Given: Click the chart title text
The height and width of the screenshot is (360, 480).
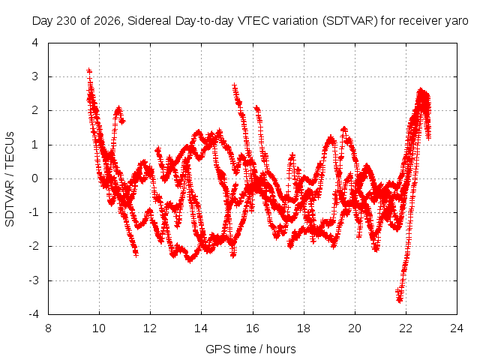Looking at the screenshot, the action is point(250,21).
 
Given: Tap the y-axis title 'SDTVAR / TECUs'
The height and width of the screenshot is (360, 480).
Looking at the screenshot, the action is point(10,179).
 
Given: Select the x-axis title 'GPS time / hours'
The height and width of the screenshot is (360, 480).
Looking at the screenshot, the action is point(250,349).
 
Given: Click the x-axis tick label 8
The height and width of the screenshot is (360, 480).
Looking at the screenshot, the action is point(48,328).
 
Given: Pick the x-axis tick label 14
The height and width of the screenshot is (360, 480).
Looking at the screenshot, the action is point(201,328).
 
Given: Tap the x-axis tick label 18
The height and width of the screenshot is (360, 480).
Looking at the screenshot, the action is point(303,328).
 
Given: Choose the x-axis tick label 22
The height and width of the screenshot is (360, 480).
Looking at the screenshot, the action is point(406,328).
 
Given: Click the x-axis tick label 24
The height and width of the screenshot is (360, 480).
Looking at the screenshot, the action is point(457,328).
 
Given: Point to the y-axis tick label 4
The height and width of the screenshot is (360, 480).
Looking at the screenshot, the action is point(35,43).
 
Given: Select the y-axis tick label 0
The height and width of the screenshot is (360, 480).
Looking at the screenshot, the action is point(35,178).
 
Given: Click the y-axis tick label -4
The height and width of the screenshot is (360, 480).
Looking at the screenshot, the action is point(33,314).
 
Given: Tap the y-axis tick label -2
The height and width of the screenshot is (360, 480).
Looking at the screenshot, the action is point(33,246).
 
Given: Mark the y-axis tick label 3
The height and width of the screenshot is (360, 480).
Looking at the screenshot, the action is point(35,76).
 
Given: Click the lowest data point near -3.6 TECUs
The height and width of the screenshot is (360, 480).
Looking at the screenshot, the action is point(399,300).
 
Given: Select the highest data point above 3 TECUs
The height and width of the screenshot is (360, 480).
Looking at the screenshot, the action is point(89,70).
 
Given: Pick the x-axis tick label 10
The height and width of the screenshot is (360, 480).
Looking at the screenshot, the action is point(99,328).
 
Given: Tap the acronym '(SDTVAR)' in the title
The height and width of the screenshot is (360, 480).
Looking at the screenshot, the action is point(349,21).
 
